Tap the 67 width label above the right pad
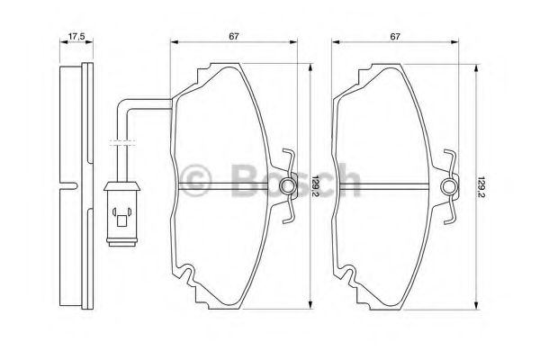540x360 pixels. pos(393,37)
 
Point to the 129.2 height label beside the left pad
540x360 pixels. pos(316,186)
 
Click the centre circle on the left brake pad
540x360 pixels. pos(288,186)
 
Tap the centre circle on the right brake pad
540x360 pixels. pos(449,186)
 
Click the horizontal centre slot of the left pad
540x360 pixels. pos(229,186)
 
